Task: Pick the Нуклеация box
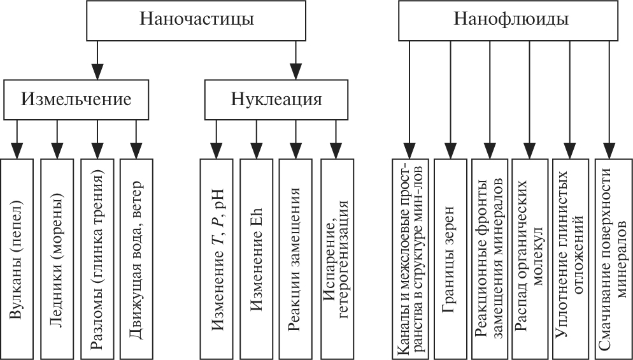[x=276, y=100]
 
